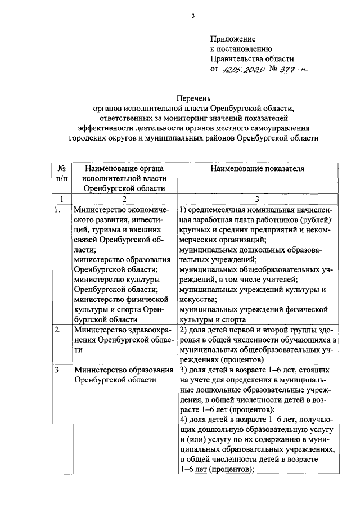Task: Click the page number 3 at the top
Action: pyautogui.click(x=192, y=16)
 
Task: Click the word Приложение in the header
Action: pyautogui.click(x=233, y=39)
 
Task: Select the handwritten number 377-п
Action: pyautogui.click(x=296, y=70)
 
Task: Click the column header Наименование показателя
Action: pyautogui.click(x=258, y=168)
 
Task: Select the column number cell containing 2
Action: pyautogui.click(x=124, y=199)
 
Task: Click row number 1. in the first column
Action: pyautogui.click(x=57, y=209)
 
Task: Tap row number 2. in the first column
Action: pyautogui.click(x=57, y=330)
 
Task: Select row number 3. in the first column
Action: pyautogui.click(x=57, y=370)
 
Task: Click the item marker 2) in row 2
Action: pyautogui.click(x=183, y=330)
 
